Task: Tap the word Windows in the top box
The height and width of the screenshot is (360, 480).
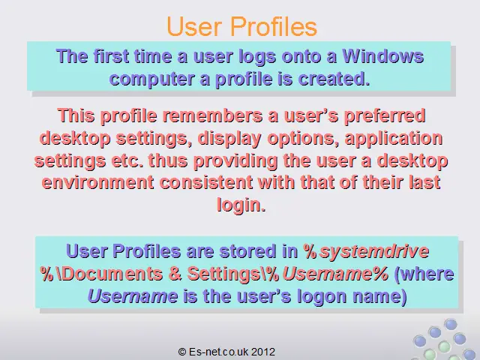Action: point(383,57)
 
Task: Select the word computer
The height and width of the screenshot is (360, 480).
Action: point(151,79)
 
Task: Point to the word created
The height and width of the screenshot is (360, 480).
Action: point(334,79)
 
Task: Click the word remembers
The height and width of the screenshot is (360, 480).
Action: point(212,116)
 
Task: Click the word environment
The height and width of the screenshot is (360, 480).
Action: point(97,183)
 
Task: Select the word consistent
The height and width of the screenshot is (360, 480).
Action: point(206,183)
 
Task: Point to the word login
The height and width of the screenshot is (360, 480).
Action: point(241,205)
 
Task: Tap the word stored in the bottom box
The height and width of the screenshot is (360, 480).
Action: point(247,251)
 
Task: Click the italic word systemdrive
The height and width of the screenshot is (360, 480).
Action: point(374,251)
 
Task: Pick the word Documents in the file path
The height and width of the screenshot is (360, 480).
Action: point(113,274)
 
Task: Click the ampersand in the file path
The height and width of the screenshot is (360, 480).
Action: point(175,274)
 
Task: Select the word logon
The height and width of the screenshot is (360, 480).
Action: point(322,297)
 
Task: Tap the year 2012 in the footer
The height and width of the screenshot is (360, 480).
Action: point(263,352)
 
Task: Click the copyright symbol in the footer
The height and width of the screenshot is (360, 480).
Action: point(182,352)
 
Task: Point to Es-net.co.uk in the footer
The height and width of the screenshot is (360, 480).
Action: point(219,352)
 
